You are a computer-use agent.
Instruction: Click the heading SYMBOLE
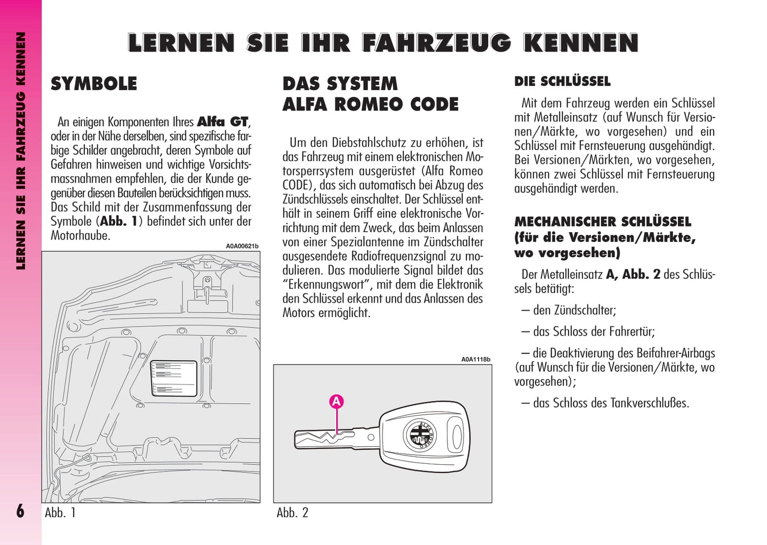[94, 84]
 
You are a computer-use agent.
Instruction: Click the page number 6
[20, 511]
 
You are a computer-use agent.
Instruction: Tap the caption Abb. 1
[60, 513]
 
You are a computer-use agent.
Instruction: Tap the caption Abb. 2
[292, 513]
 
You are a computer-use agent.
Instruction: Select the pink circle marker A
[337, 402]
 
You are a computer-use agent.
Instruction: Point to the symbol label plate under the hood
[174, 378]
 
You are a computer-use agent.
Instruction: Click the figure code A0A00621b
[242, 246]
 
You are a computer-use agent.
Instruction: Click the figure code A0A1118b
[475, 360]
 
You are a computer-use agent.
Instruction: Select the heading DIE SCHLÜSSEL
[562, 82]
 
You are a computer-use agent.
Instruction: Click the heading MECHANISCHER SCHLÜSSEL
[602, 222]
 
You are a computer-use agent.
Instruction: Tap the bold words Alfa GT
[222, 122]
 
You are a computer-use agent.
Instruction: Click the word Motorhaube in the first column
[80, 235]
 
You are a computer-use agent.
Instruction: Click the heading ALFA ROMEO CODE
[370, 105]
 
